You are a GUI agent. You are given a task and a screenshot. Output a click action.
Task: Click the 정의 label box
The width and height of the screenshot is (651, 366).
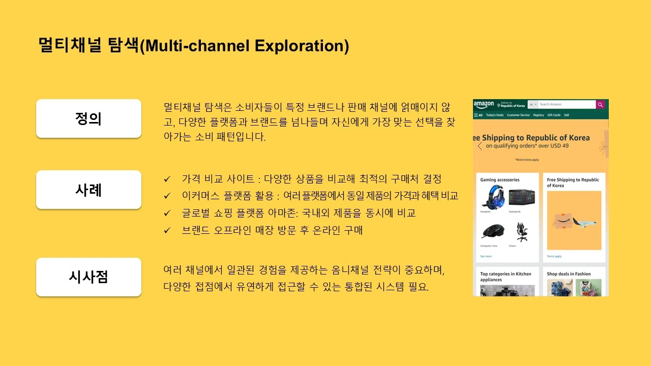(x=88, y=118)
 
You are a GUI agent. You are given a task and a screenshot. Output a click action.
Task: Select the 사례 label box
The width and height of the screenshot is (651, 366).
(x=88, y=190)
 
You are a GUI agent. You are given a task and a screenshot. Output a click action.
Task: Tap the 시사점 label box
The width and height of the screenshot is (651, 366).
(x=88, y=277)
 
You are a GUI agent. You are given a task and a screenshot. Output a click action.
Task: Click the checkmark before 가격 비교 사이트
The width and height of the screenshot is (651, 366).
(x=167, y=179)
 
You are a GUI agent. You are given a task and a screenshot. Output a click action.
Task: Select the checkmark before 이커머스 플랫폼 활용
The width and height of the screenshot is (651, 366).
(x=167, y=196)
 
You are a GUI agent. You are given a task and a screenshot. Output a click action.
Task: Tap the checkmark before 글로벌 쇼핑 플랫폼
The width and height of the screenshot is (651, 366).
(x=167, y=213)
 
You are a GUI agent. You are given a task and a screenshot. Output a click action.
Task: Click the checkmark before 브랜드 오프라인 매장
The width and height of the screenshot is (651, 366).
(x=167, y=230)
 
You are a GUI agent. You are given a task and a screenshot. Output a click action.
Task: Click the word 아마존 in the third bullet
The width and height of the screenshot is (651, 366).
(x=305, y=213)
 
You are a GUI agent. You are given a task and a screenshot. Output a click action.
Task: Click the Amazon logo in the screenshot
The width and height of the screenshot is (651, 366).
(x=484, y=104)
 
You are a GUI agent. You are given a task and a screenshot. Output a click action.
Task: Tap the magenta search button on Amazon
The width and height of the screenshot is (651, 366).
(x=601, y=104)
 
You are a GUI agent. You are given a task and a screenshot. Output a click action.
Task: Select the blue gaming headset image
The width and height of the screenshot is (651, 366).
(x=492, y=197)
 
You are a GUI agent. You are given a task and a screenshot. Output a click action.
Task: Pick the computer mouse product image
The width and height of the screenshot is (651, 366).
(x=492, y=232)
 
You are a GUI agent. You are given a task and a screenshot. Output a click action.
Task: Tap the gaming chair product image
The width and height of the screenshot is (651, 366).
(x=521, y=232)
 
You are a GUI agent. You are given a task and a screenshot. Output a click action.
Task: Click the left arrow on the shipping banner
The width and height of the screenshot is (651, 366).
(x=480, y=146)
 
